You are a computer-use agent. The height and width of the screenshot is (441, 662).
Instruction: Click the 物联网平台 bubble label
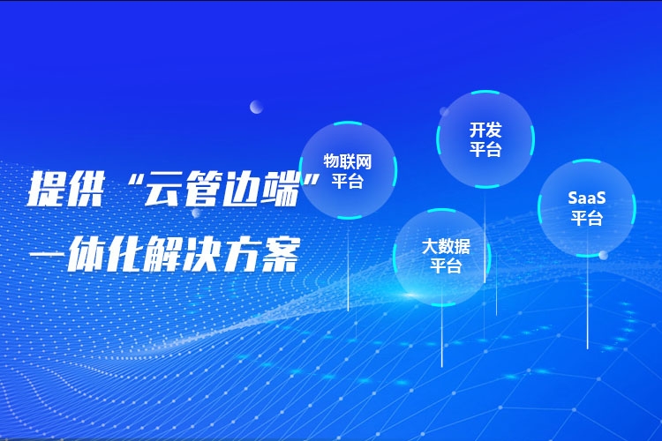(x=348, y=171)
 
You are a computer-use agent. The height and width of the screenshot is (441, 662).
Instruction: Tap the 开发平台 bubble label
(x=485, y=139)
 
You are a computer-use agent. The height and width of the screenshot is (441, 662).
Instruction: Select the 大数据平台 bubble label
(x=446, y=256)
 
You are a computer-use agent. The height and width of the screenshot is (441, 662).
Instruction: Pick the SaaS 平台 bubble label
(x=587, y=207)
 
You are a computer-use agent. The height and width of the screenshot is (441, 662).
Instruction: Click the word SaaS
(x=587, y=198)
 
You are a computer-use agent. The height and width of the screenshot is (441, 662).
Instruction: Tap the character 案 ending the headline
(x=282, y=254)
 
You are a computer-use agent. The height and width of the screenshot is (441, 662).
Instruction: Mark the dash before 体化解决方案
(x=47, y=254)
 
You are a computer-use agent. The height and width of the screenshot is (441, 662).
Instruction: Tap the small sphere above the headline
(x=256, y=107)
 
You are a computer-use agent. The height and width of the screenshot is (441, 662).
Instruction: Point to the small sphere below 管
(x=196, y=213)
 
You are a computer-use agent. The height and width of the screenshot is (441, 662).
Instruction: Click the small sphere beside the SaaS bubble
(x=604, y=255)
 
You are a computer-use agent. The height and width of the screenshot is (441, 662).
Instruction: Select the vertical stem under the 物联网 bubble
(x=349, y=265)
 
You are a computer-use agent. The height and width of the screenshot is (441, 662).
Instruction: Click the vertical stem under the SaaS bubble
(x=587, y=303)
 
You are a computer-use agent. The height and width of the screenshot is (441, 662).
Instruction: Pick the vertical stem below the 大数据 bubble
(x=442, y=336)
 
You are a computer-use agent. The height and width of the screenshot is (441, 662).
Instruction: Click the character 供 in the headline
(x=86, y=189)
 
